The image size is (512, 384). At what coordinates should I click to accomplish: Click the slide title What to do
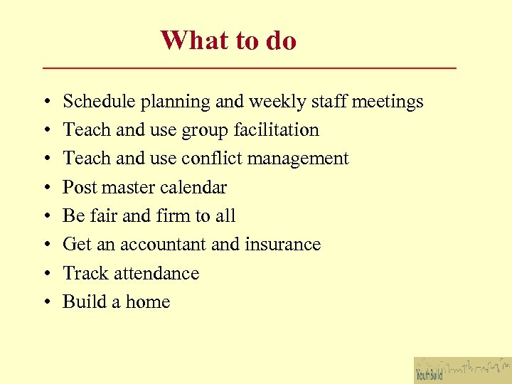(x=228, y=41)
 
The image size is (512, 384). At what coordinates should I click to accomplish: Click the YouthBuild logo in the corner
(x=462, y=370)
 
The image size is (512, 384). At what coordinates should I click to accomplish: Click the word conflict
(x=207, y=159)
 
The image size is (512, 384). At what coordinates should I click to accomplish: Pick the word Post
(x=79, y=188)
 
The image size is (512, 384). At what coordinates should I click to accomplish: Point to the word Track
(x=85, y=273)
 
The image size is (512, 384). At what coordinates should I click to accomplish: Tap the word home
(x=148, y=302)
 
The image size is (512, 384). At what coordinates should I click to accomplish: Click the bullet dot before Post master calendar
(x=45, y=188)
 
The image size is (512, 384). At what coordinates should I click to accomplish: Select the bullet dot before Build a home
(x=45, y=302)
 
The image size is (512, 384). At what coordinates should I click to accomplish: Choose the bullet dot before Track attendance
(x=45, y=274)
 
